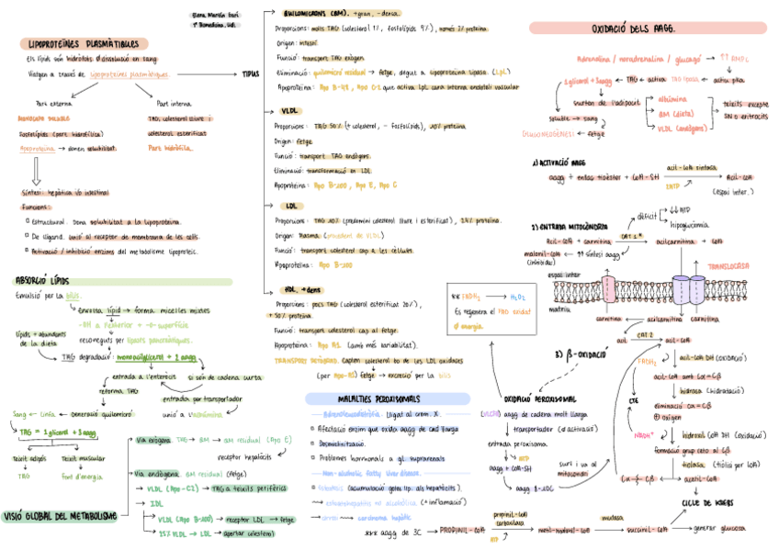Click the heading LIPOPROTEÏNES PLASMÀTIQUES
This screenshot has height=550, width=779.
pyautogui.click(x=84, y=43)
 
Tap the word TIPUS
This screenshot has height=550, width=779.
pyautogui.click(x=251, y=74)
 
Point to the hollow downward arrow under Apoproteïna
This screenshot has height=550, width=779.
pyautogui.click(x=36, y=171)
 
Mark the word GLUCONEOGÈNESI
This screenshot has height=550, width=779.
pyautogui.click(x=550, y=134)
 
